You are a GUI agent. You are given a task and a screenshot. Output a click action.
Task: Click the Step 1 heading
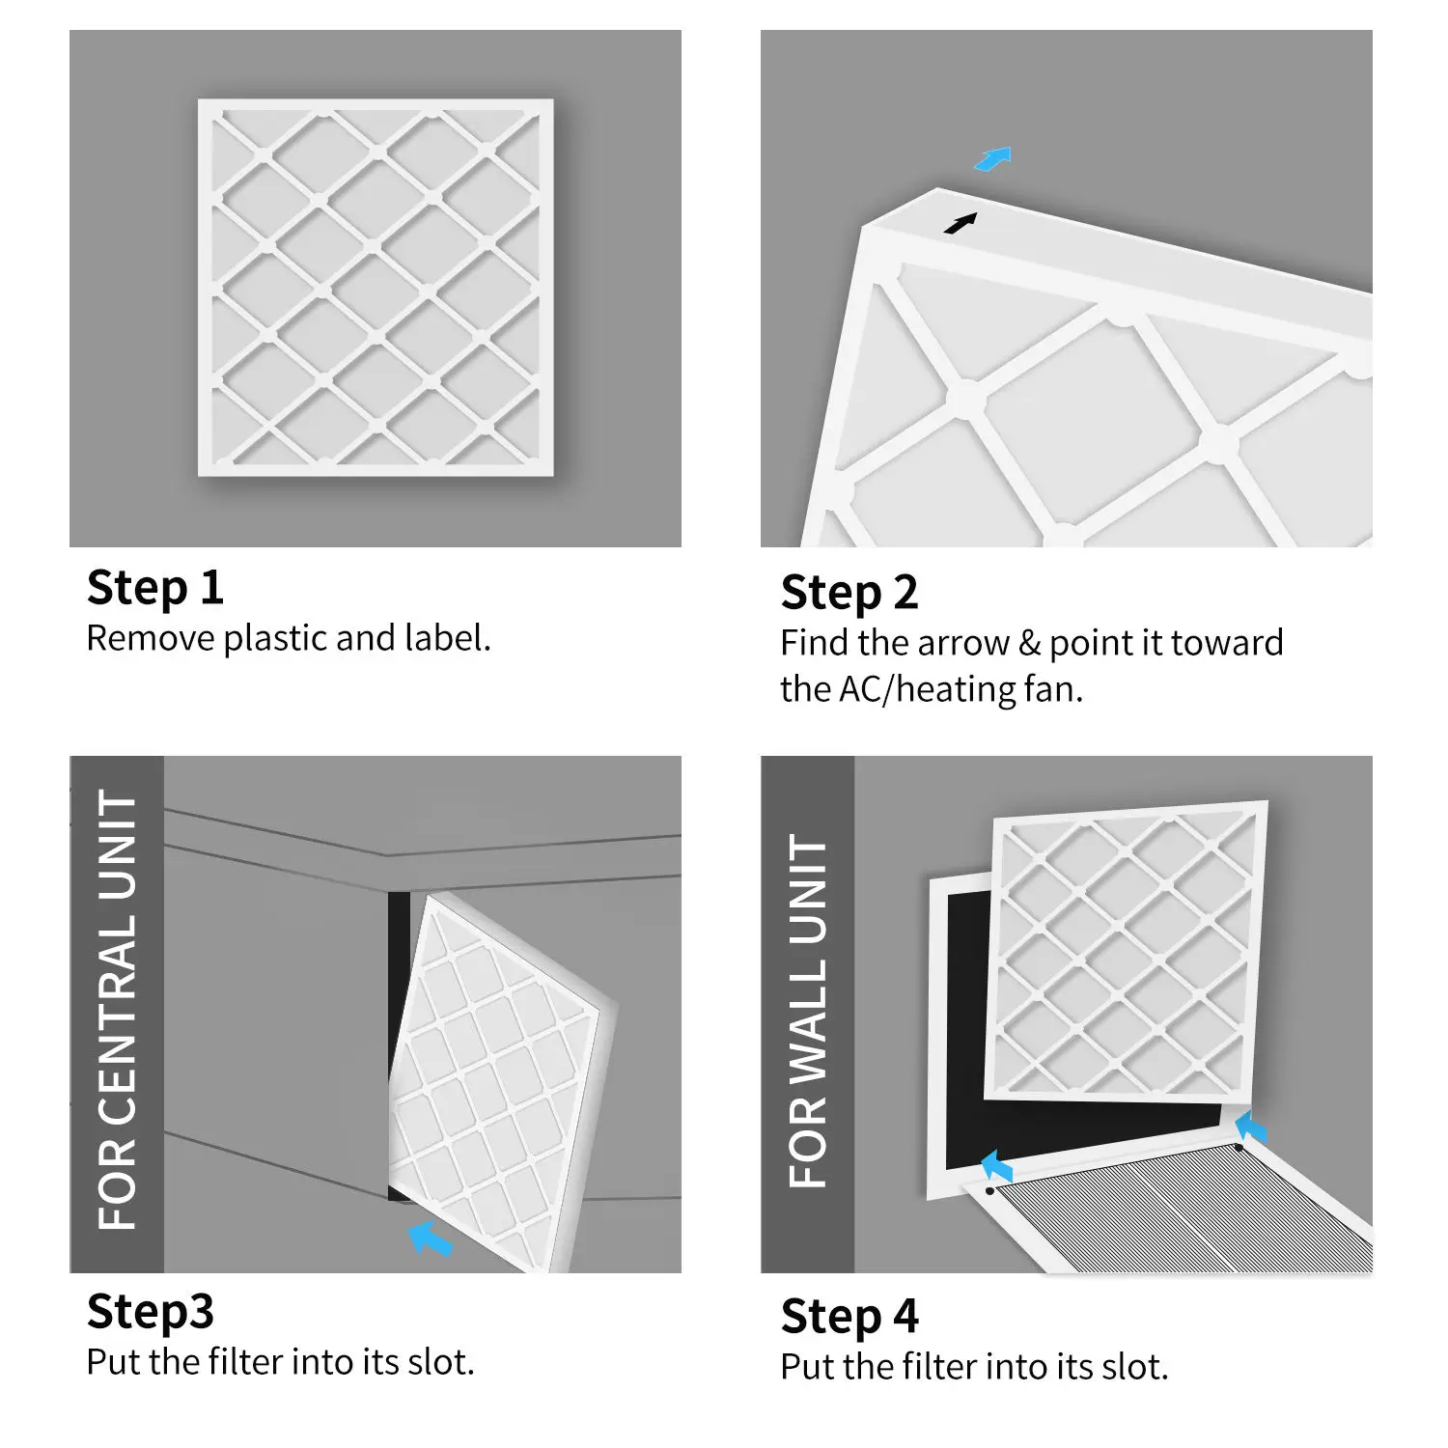154,588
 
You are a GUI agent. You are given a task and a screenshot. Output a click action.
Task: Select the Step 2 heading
849,593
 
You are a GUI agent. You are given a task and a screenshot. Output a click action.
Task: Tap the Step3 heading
150,1312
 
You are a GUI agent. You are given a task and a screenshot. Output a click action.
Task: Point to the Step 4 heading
849,1317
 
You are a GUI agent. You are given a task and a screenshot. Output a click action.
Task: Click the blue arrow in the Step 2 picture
992,159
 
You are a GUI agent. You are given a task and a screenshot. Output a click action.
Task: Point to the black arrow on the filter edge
960,224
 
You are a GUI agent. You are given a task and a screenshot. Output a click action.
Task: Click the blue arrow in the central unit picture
431,1239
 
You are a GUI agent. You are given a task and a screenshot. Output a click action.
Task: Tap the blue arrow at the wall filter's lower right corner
1250,1127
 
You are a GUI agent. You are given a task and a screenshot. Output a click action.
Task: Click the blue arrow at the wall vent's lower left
996,1167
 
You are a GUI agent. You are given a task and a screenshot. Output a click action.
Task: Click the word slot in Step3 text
439,1363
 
